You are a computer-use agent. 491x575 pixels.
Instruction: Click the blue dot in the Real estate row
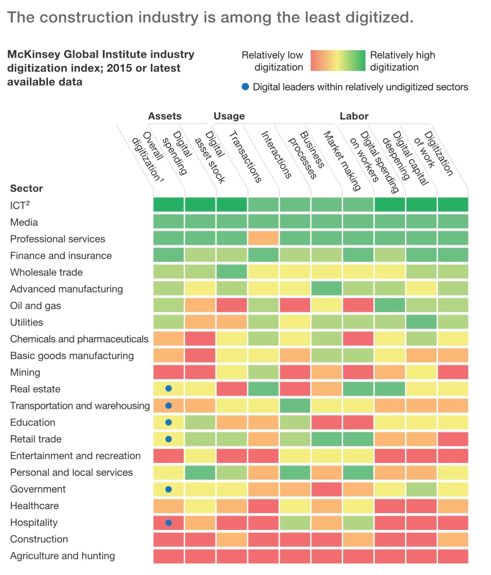click(169, 389)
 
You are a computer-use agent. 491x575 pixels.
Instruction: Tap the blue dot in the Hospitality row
click(169, 523)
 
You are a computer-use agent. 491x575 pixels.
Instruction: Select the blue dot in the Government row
click(169, 490)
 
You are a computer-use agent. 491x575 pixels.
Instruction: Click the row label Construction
click(39, 539)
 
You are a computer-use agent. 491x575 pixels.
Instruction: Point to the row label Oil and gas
click(35, 305)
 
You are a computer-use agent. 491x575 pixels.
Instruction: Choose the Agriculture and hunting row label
click(62, 556)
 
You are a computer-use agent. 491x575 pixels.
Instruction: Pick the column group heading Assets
click(165, 116)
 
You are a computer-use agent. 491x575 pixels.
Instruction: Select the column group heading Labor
click(354, 116)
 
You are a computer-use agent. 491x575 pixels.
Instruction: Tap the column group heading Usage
click(229, 116)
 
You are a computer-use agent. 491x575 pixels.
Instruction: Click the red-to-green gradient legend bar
click(338, 61)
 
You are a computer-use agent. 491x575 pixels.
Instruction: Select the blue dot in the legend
click(245, 87)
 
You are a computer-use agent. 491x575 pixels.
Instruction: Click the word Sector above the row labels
click(27, 188)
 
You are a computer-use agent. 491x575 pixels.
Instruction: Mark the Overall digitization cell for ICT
click(169, 205)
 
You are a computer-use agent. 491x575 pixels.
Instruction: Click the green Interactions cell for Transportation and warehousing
click(295, 406)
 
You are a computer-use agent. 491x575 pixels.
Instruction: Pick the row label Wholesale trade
click(46, 272)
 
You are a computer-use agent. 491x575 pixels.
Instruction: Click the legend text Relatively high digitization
click(402, 61)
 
